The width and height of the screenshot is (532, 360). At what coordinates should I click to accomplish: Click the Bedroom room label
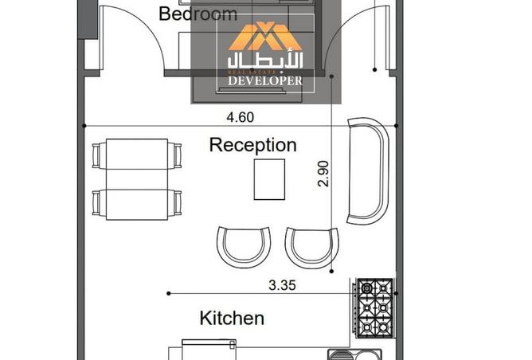[x=198, y=14]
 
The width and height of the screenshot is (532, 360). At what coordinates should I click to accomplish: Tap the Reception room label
[x=252, y=145]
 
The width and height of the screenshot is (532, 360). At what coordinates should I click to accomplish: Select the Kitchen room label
[x=232, y=319]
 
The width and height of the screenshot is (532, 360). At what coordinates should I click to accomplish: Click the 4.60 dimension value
[x=241, y=117]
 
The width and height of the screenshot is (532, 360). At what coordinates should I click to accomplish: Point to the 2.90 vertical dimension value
[x=323, y=174]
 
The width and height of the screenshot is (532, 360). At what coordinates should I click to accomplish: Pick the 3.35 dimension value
[x=282, y=285]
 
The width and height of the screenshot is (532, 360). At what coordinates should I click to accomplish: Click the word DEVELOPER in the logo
[x=265, y=80]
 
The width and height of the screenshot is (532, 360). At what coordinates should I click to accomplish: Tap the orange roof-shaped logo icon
[x=265, y=36]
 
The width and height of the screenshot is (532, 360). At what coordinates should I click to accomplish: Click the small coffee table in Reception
[x=269, y=179]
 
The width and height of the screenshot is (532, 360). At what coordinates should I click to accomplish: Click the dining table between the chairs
[x=137, y=179]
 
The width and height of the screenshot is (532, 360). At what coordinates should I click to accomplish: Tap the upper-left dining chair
[x=96, y=156]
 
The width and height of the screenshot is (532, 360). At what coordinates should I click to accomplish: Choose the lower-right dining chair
[x=177, y=203]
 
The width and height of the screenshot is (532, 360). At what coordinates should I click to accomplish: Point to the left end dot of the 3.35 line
[x=169, y=294]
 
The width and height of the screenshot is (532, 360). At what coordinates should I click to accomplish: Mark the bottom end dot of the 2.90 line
[x=332, y=271]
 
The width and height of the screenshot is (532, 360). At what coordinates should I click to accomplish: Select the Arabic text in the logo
[x=265, y=61]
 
